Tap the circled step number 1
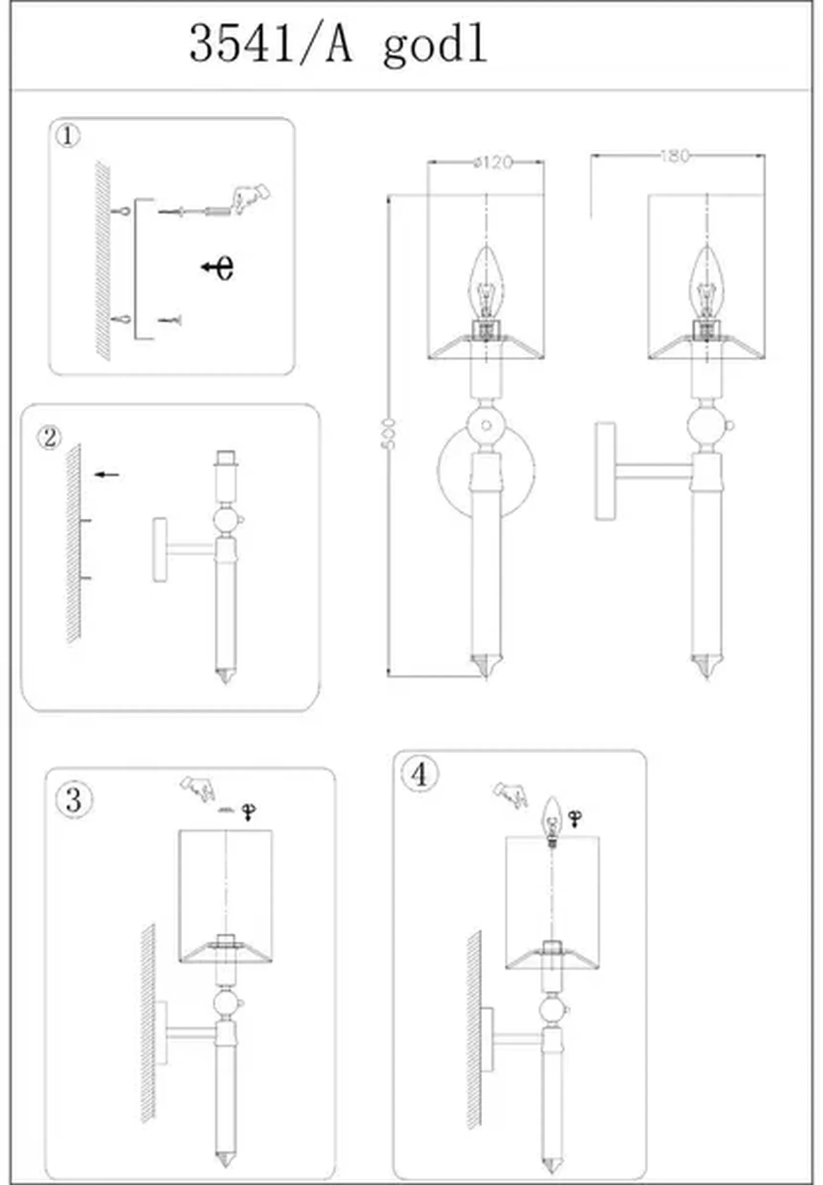[67, 136]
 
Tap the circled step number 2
[49, 438]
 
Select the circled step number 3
[74, 800]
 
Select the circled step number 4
[420, 774]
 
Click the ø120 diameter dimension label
[493, 162]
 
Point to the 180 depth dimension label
[675, 156]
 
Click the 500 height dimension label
[388, 433]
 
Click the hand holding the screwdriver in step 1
[252, 198]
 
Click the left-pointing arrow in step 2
[107, 474]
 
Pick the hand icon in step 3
[198, 788]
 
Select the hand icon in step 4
[511, 794]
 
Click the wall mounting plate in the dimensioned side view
[605, 471]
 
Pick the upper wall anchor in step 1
[122, 211]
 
